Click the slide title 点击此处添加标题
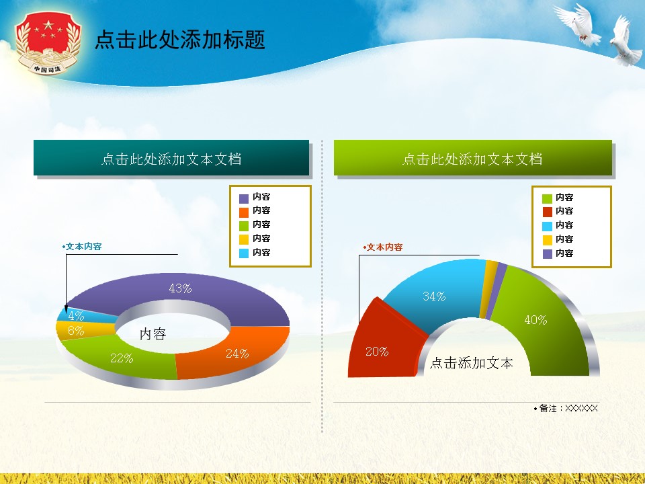point(179,40)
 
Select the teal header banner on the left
point(171,159)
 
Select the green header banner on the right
point(472,159)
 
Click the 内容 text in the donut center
point(153,334)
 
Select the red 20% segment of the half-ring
point(380,346)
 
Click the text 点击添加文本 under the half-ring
point(471,364)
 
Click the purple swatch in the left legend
point(244,198)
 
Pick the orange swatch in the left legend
point(244,211)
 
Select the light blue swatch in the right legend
point(547,226)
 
